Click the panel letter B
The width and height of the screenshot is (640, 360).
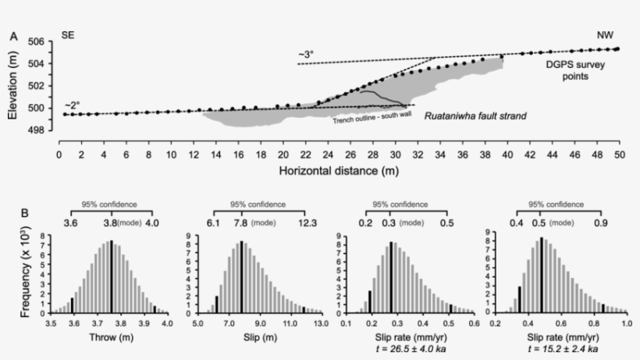pyautogui.click(x=13, y=212)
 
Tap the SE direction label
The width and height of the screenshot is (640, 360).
pyautogui.click(x=69, y=36)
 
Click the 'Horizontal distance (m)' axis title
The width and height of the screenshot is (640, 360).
pyautogui.click(x=338, y=169)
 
